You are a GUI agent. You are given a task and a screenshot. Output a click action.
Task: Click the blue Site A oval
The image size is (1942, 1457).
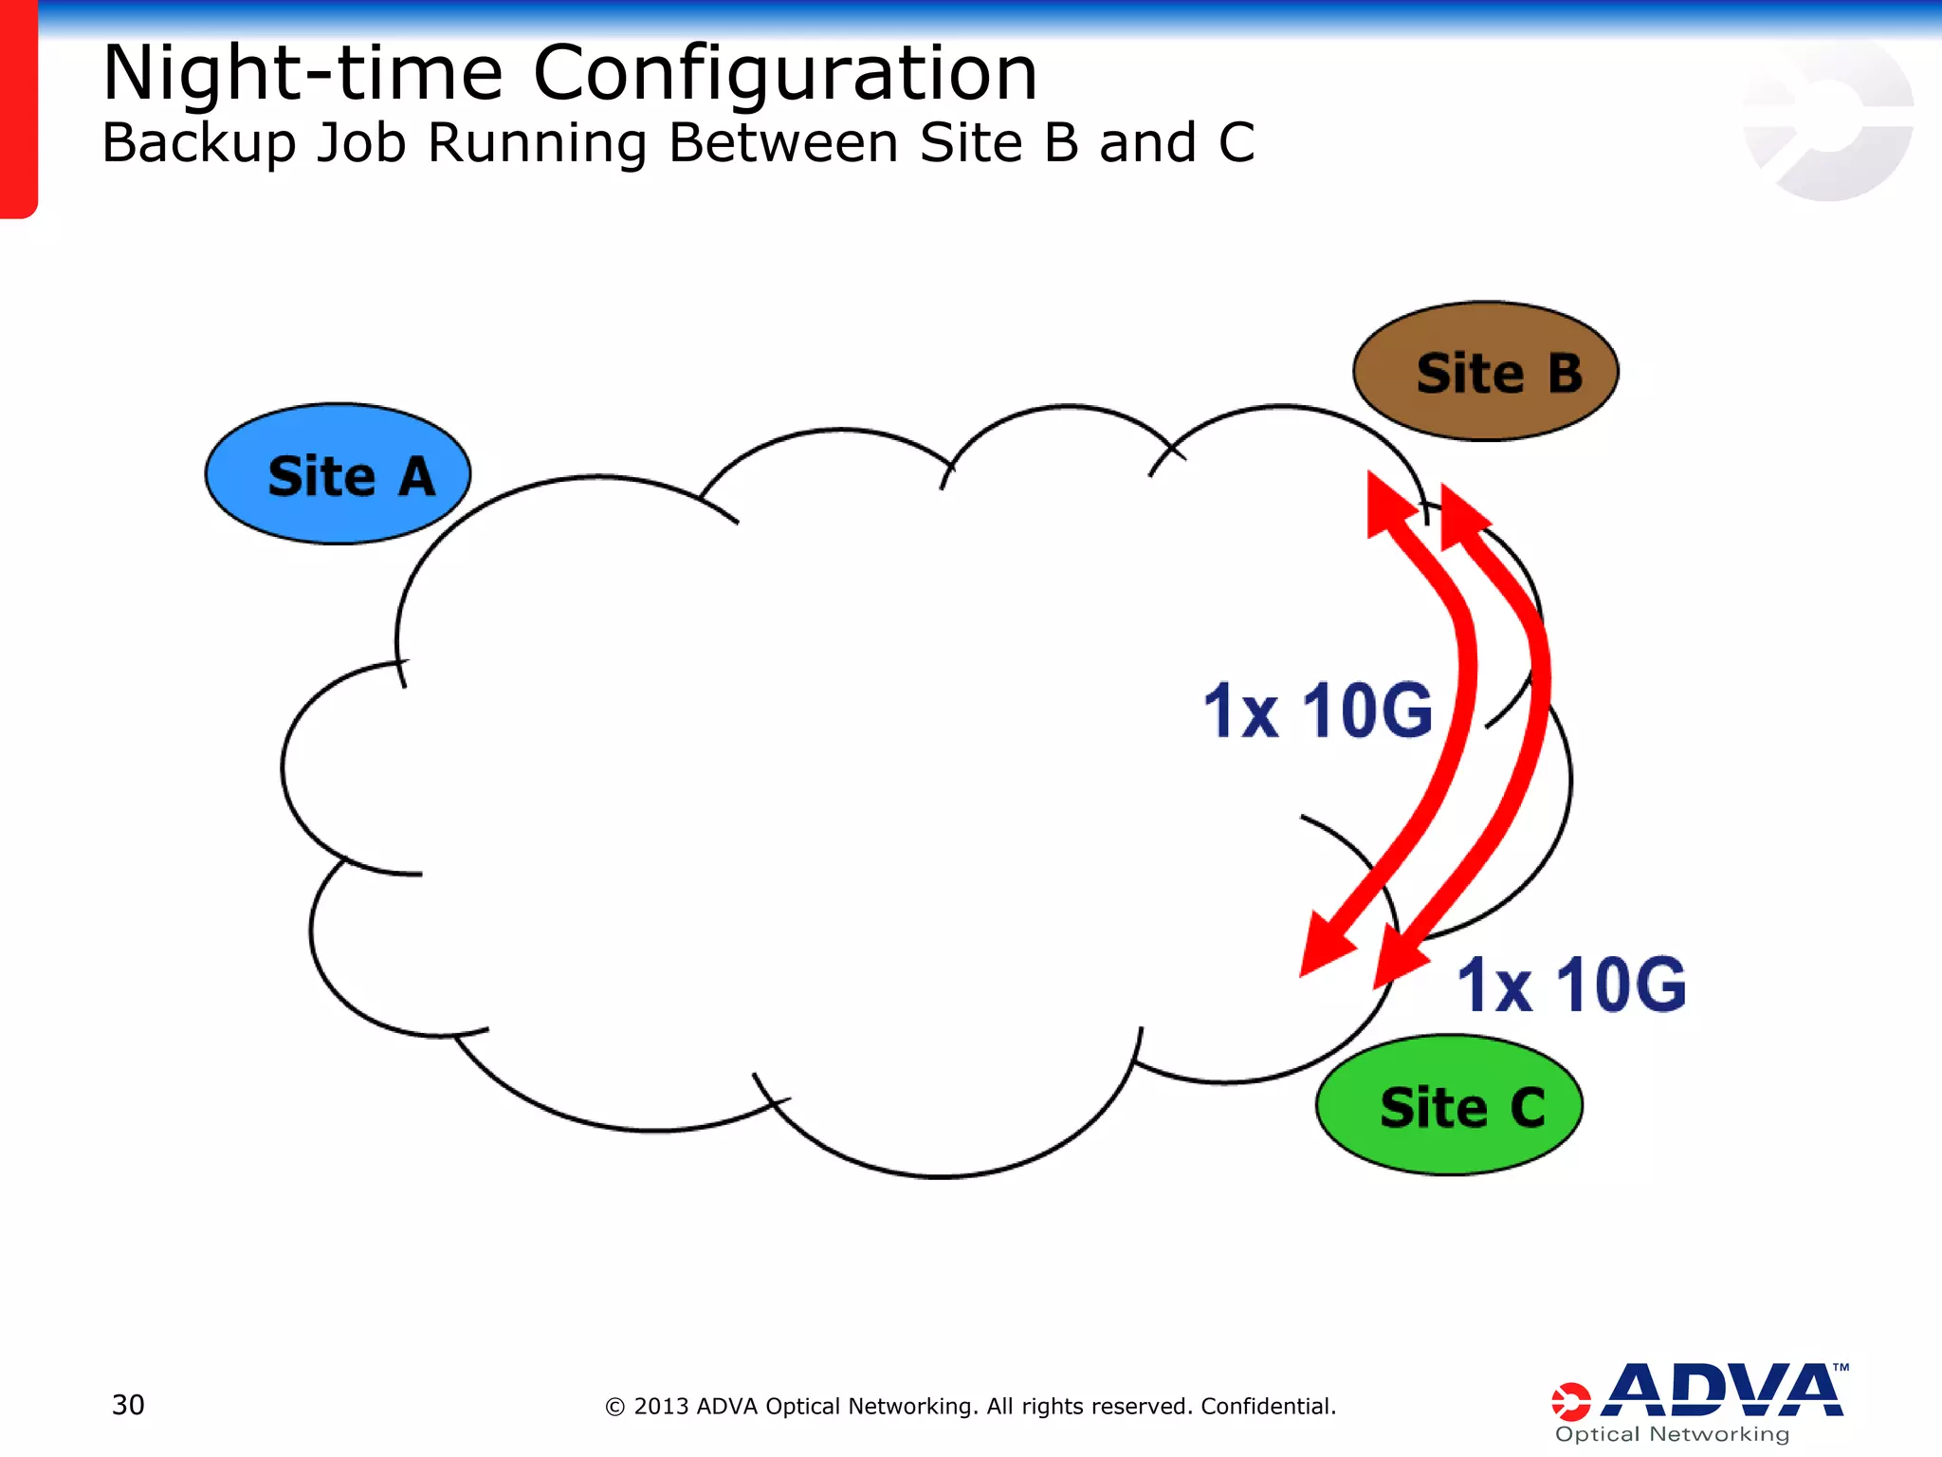point(338,474)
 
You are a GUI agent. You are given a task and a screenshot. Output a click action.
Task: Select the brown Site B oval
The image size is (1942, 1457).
point(1485,371)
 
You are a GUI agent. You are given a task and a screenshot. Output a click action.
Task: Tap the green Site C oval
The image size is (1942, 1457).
point(1449,1105)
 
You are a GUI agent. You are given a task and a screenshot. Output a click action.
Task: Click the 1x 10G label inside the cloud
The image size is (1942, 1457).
point(1317,710)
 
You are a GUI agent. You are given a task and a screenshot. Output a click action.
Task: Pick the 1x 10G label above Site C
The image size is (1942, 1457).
point(1571,985)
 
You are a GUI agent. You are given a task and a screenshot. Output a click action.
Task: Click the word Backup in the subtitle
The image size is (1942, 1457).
point(199,143)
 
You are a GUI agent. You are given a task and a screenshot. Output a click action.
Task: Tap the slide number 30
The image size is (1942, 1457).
point(128,1405)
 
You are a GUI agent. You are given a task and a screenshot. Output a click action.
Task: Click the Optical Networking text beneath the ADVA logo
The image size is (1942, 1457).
point(1672,1434)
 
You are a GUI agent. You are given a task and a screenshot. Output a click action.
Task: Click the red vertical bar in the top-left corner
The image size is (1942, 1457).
point(17,109)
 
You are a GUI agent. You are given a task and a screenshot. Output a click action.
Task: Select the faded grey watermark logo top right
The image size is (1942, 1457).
point(1826,119)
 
